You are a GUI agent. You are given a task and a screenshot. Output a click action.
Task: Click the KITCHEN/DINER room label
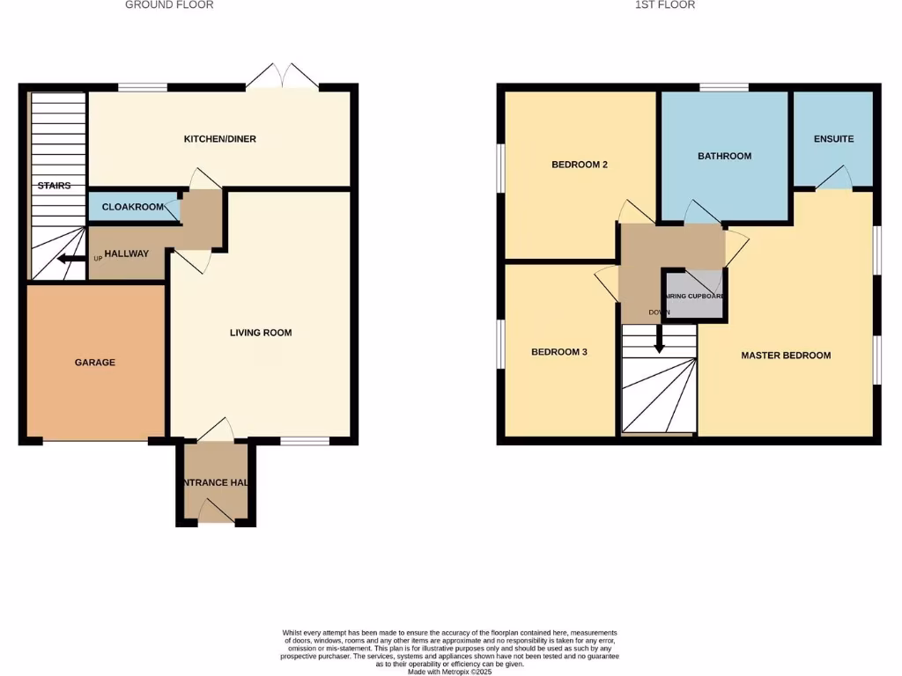tap(219, 139)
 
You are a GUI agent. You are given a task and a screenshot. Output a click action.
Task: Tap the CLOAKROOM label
tap(133, 207)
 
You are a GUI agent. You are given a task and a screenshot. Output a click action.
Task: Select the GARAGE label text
tap(94, 362)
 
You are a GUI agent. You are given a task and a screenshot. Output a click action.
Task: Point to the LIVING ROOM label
tap(260, 333)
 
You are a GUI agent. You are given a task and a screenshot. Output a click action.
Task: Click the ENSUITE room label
tap(833, 139)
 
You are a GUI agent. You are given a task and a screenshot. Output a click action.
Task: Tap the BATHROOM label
tap(724, 156)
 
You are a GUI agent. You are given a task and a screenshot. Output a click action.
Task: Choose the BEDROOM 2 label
tap(580, 165)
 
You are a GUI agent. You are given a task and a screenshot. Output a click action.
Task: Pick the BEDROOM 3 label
tap(558, 352)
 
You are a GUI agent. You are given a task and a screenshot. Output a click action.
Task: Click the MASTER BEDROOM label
tap(786, 356)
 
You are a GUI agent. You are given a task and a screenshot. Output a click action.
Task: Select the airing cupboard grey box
tap(695, 296)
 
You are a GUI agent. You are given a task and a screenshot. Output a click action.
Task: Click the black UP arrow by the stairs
tap(66, 259)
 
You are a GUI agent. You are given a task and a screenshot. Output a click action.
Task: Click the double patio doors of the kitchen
tap(282, 77)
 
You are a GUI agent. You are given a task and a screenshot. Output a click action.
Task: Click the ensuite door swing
tap(833, 179)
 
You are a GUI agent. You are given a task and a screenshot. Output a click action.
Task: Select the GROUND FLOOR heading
tap(169, 5)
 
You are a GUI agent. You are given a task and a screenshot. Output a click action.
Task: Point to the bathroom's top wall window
tap(724, 87)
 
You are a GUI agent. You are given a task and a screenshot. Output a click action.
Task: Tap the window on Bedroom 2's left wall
tap(500, 166)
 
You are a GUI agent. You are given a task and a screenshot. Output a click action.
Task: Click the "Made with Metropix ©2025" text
tap(450, 672)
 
